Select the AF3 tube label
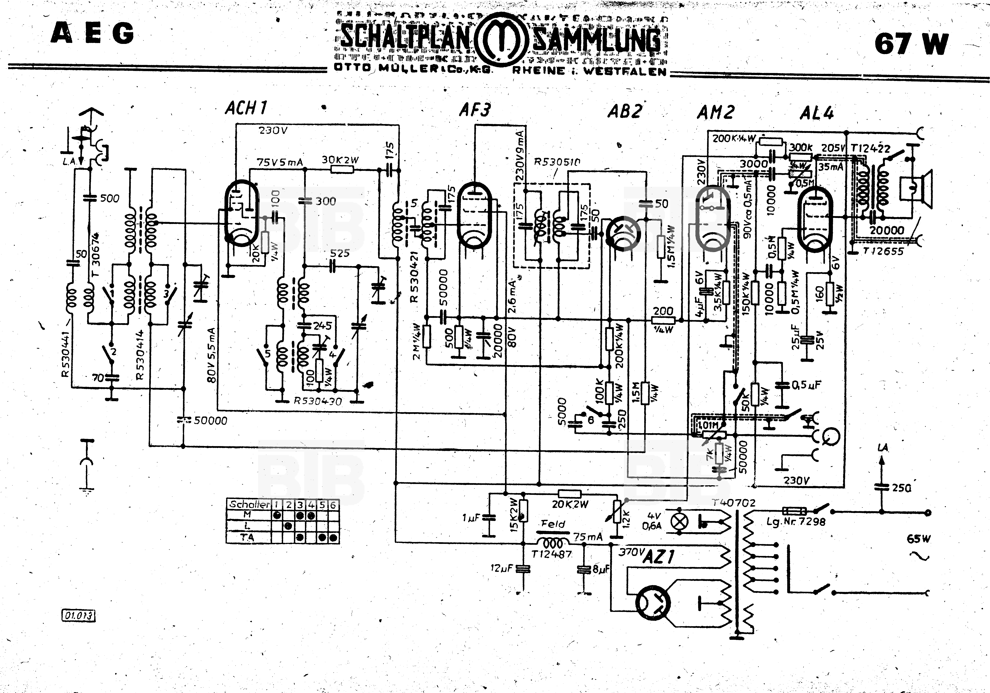click(475, 110)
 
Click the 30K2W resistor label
click(340, 160)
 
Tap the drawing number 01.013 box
click(78, 615)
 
